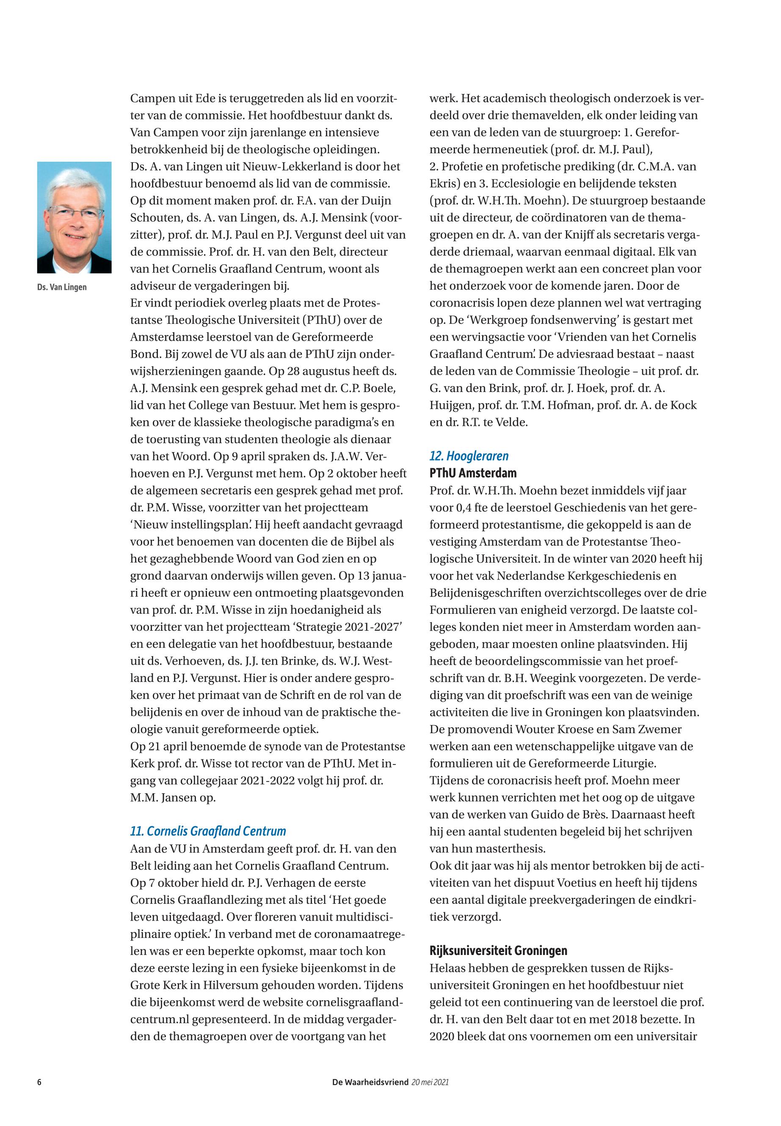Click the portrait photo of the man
75,217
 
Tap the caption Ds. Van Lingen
62,287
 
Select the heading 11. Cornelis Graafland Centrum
208,831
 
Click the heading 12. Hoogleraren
469,456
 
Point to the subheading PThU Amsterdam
473,473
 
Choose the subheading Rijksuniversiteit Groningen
498,951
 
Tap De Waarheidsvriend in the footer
370,1082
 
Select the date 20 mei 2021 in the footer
430,1082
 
